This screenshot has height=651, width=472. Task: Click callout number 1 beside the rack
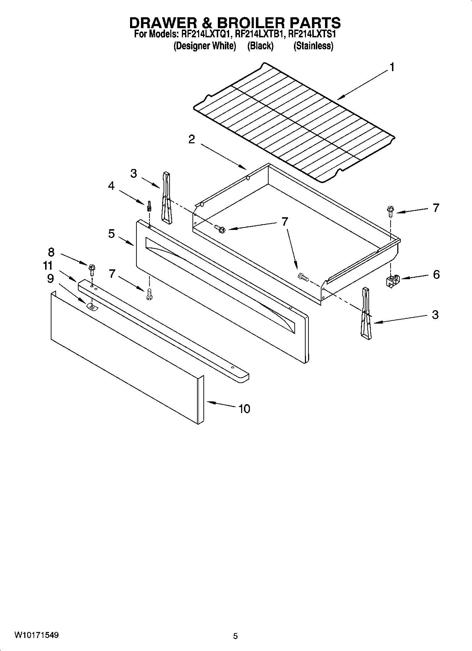[392, 67]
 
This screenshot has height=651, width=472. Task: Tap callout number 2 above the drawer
[191, 139]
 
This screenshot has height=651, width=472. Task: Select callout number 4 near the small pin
[111, 186]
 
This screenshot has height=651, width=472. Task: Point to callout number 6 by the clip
[436, 274]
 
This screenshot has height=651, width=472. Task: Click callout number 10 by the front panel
[244, 409]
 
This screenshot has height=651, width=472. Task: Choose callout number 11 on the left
[48, 265]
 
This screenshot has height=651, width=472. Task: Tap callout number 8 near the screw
[51, 252]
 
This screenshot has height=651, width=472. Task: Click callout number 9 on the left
[50, 278]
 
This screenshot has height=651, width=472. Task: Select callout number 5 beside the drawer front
[111, 233]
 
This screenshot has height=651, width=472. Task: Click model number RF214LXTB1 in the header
[259, 35]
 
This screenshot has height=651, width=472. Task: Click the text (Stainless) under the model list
[313, 46]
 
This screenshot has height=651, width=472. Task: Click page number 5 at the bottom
[235, 636]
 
